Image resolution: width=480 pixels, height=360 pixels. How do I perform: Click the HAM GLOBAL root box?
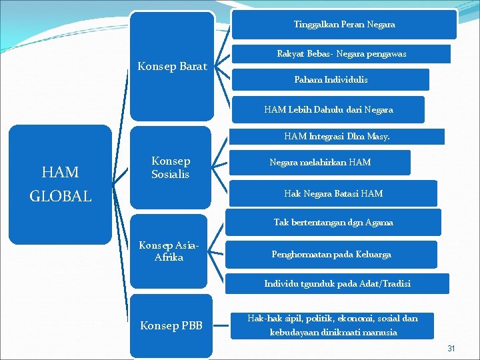60,183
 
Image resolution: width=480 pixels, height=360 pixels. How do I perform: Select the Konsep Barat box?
172,66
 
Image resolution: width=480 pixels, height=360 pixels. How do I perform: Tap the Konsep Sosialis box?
171,168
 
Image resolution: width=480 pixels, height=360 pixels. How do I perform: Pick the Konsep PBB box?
171,326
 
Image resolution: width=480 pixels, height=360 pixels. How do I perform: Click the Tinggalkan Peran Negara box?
344,25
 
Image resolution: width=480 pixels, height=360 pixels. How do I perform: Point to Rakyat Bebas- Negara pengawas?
341,53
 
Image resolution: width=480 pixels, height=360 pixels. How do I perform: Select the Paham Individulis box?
331,79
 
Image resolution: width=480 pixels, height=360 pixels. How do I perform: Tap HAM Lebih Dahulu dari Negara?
328,109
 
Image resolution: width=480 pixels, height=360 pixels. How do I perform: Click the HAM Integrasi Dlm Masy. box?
337,137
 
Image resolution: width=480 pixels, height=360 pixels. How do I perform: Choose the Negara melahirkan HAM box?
320,162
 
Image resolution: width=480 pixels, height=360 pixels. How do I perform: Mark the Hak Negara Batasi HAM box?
333,193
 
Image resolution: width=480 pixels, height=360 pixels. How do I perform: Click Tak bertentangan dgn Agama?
333,223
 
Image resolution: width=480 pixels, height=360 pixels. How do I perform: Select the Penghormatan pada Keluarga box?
331,254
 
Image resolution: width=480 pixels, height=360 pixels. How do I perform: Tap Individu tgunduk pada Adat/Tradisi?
337,283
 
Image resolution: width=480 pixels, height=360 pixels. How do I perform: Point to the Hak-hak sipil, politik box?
332,325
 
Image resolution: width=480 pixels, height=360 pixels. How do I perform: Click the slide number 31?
451,349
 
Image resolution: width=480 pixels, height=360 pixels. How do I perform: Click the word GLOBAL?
60,197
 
